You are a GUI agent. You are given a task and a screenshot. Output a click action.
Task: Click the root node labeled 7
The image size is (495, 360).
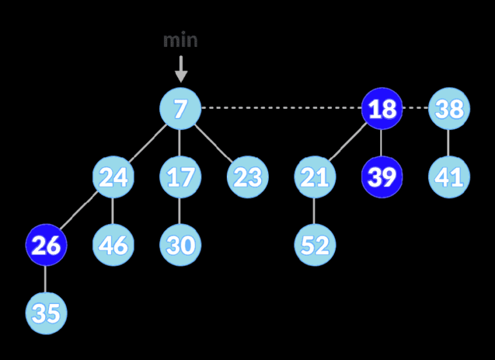point(180,108)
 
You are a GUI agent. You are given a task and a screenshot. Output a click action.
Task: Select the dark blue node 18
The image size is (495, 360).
point(382,108)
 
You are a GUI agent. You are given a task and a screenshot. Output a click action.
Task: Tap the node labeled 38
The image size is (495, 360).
point(449,108)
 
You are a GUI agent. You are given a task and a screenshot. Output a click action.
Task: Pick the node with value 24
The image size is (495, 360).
point(113,176)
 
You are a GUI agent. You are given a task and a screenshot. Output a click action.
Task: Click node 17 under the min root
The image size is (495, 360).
point(180,176)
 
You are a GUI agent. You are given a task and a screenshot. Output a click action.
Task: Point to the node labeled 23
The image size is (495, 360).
point(247,176)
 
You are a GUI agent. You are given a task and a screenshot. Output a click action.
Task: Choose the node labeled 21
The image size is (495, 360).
point(315,176)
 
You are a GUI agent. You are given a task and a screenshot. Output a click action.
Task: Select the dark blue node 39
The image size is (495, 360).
point(382,176)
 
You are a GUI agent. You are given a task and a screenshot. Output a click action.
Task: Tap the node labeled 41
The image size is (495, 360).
point(449,176)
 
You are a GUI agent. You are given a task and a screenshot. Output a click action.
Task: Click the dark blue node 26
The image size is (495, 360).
point(46,245)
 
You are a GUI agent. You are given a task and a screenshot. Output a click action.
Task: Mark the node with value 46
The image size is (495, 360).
point(113,245)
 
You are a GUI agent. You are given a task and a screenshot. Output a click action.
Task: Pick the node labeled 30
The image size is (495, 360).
point(180,245)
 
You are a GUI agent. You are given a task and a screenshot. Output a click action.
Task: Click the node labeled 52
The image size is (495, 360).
point(315,245)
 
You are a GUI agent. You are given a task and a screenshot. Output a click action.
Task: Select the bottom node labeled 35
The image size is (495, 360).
point(46,313)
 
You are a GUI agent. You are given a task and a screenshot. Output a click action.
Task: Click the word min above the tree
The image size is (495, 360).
point(180,41)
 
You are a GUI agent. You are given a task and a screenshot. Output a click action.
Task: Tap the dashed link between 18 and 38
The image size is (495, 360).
point(416,108)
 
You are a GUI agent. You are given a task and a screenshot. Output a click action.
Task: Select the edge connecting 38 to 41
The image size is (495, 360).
point(449,142)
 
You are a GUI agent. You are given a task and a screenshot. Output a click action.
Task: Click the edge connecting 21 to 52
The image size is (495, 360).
point(315,211)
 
